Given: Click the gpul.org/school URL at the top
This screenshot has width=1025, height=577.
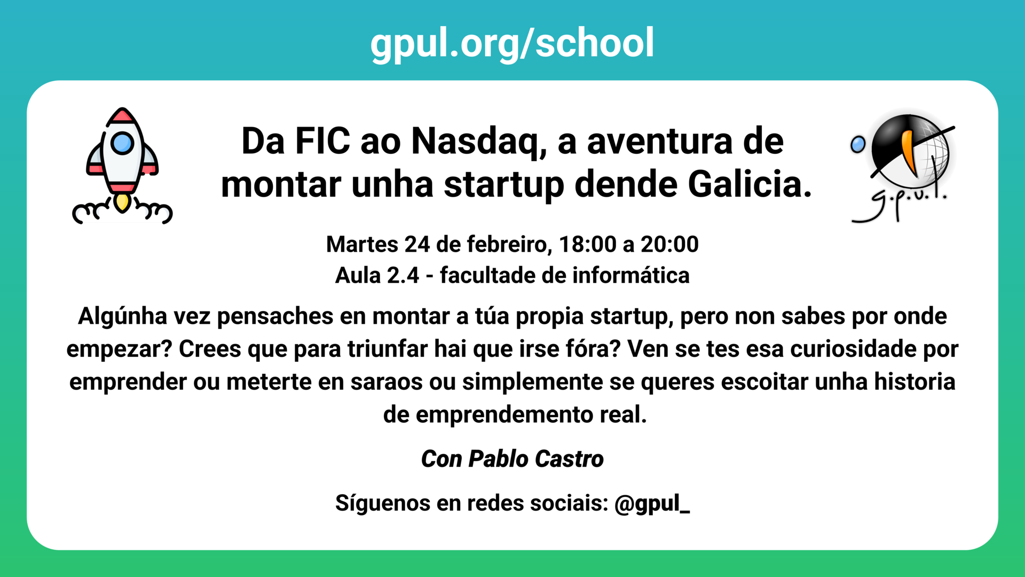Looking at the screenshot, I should (512, 43).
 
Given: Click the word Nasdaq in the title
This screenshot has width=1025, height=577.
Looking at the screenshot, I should (479, 142).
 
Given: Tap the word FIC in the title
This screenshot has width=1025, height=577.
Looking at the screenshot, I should (322, 142).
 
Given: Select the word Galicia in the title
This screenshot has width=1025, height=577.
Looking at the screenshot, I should (750, 184).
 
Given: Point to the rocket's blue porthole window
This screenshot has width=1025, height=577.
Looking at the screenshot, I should (122, 143).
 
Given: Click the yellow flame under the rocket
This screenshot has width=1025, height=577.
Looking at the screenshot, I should (122, 202).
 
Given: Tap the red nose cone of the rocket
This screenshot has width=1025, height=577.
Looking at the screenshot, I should (122, 115).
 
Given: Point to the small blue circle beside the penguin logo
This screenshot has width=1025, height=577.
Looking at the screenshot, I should (858, 144).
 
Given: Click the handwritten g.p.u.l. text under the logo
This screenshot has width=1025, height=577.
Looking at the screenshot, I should (902, 203).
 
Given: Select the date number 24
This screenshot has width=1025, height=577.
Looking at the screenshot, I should (417, 245).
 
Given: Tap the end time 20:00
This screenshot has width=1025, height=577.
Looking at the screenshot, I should (669, 245).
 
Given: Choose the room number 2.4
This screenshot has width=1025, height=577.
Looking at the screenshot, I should (403, 276).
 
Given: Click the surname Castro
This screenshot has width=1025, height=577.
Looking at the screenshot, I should (569, 459).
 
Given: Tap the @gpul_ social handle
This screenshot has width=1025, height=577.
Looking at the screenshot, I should (652, 503).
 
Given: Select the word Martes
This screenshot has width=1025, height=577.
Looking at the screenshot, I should (362, 245).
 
